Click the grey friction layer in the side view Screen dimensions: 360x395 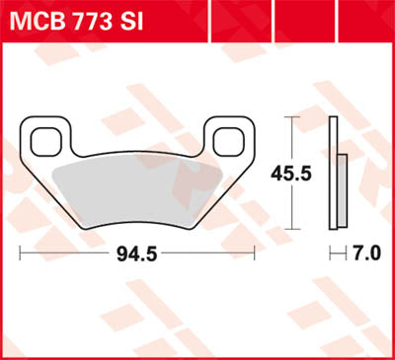pyautogui.click(x=343, y=193)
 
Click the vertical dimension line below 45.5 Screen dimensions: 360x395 pyautogui.click(x=292, y=202)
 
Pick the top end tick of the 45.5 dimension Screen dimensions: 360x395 pyautogui.click(x=292, y=117)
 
